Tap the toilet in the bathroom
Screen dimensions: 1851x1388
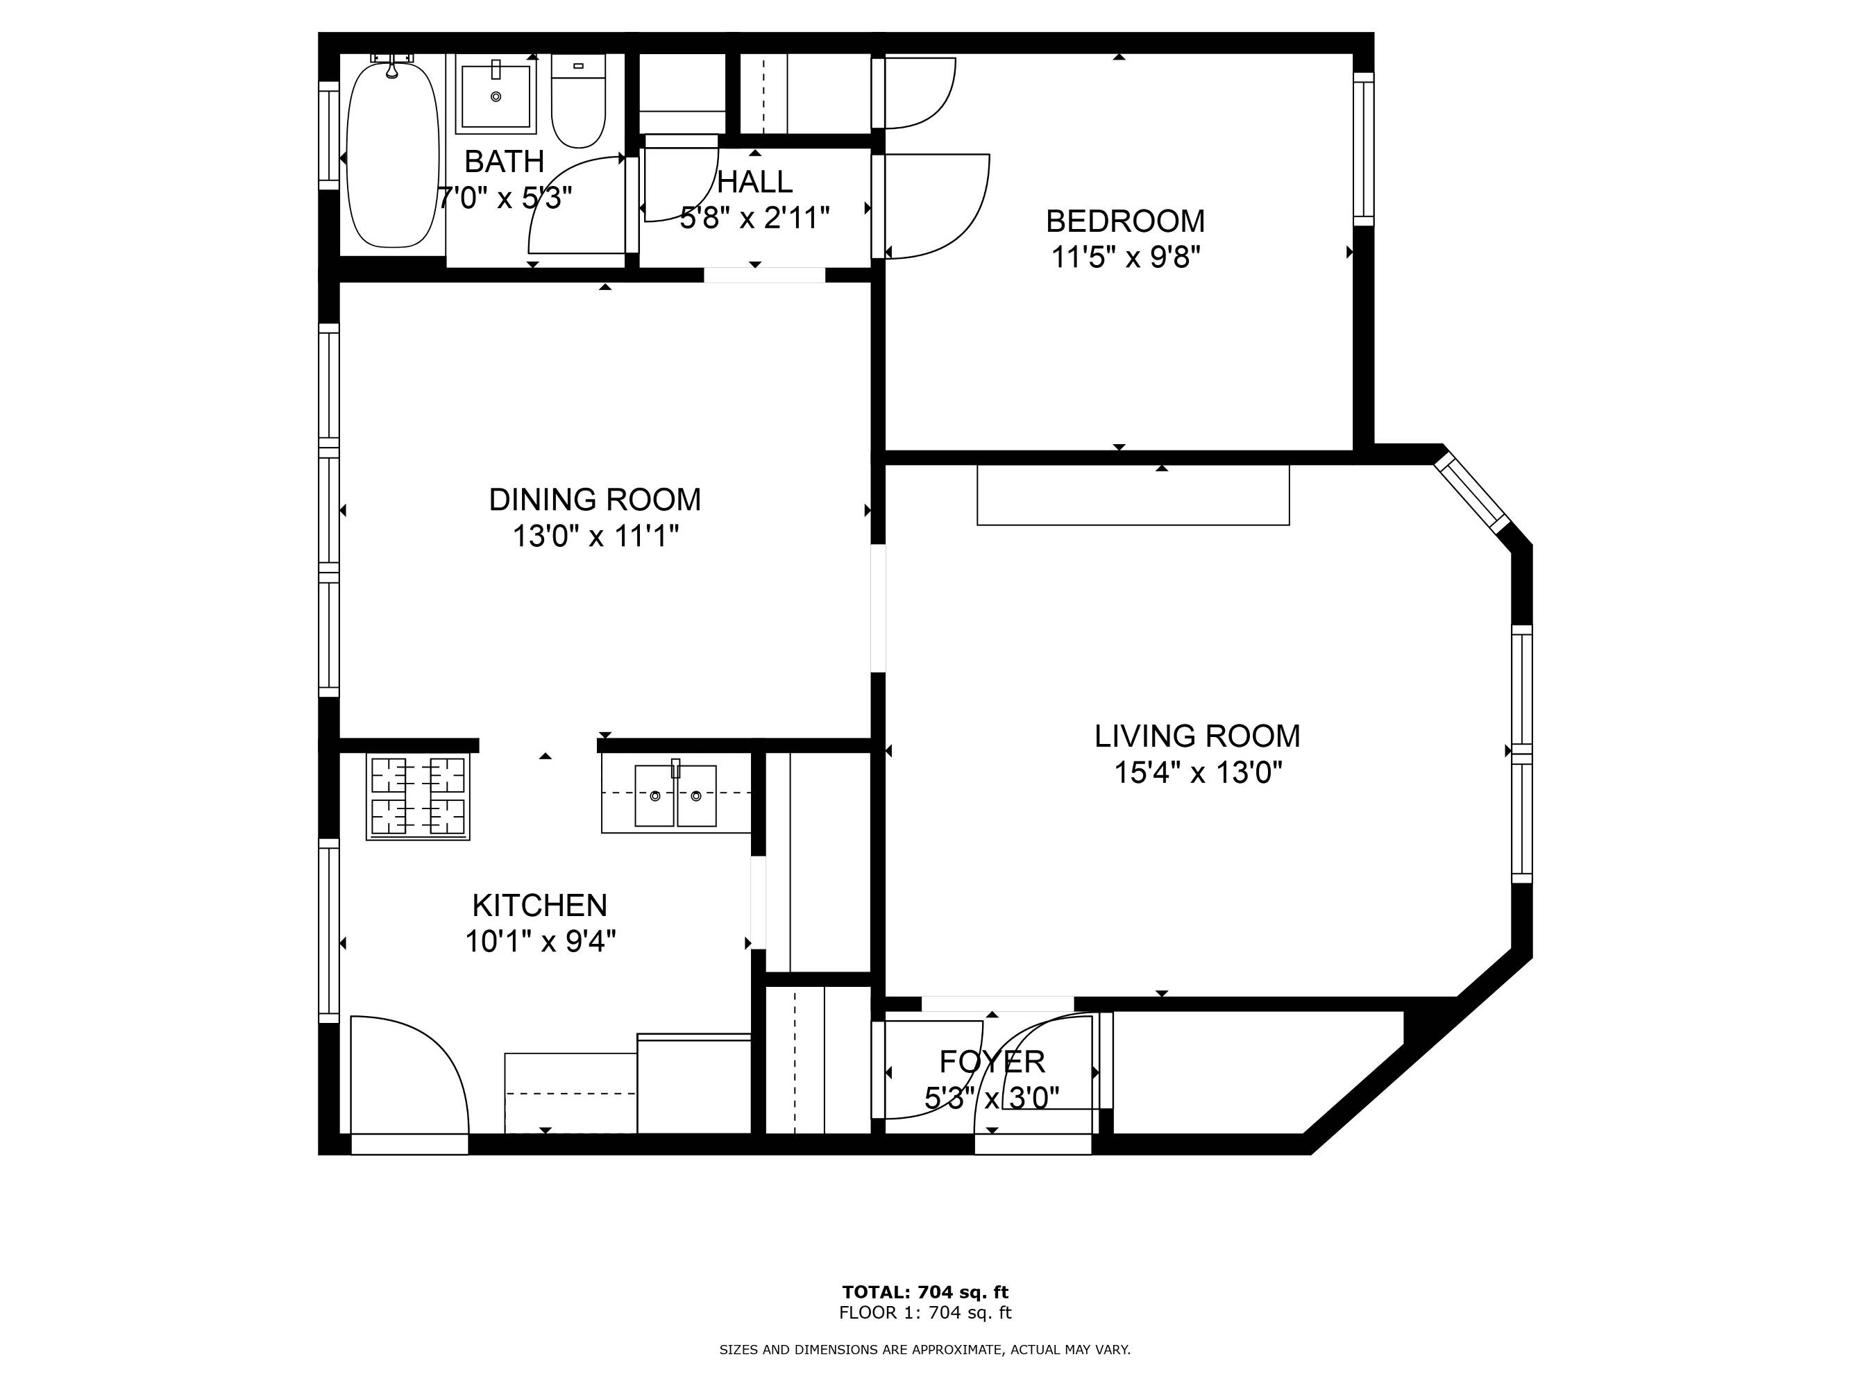click(578, 101)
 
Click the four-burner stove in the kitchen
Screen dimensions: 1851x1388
click(418, 797)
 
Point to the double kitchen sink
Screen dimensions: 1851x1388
click(675, 795)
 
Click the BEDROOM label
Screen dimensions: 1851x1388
click(1126, 221)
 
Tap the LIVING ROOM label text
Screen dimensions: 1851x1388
click(1197, 736)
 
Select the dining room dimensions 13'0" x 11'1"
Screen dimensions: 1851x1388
click(595, 536)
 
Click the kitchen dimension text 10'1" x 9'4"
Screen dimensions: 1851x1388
click(541, 941)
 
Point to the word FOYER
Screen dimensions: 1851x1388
click(992, 1062)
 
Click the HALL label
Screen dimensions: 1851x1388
click(755, 182)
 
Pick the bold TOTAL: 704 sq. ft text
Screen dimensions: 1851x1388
click(926, 1292)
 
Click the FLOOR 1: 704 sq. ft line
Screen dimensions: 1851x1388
click(926, 1313)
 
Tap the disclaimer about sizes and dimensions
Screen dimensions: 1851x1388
click(926, 1350)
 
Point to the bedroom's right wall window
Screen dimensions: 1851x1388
click(1364, 149)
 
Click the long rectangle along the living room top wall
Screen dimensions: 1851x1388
click(1133, 496)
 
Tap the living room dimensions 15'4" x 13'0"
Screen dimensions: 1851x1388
click(1197, 772)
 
